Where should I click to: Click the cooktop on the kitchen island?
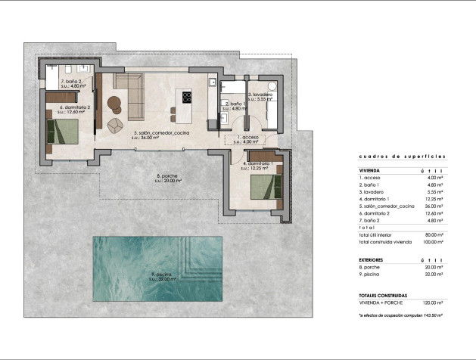click(x=186, y=96)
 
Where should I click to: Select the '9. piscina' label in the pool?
click(x=160, y=275)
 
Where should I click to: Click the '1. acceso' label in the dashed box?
click(x=247, y=138)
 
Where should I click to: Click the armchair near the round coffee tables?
click(x=115, y=125)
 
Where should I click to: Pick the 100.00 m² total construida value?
click(x=434, y=242)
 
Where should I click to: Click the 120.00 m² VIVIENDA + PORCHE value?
click(x=434, y=303)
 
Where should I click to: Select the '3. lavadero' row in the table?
click(x=372, y=192)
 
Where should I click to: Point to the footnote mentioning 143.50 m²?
click(x=400, y=314)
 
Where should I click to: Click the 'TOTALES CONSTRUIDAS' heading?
click(x=383, y=294)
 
